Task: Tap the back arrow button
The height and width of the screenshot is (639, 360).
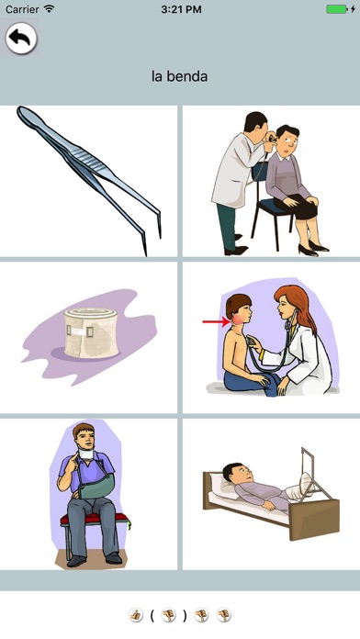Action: pyautogui.click(x=21, y=39)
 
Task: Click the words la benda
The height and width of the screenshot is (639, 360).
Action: pyautogui.click(x=179, y=76)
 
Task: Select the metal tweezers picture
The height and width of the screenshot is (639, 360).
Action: pyautogui.click(x=90, y=180)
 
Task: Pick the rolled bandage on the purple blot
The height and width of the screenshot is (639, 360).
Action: pyautogui.click(x=91, y=331)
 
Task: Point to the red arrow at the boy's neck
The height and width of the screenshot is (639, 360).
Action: pyautogui.click(x=217, y=322)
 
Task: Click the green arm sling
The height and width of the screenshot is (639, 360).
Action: pyautogui.click(x=96, y=485)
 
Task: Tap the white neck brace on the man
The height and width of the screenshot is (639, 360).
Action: pyautogui.click(x=85, y=454)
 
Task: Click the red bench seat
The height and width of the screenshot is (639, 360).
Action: pyautogui.click(x=95, y=519)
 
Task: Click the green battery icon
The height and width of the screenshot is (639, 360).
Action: pyautogui.click(x=336, y=9)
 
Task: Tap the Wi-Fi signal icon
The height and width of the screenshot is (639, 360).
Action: pyautogui.click(x=50, y=8)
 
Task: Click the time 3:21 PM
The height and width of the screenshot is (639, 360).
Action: pyautogui.click(x=181, y=9)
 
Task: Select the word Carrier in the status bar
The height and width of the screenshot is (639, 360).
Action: pyautogui.click(x=22, y=9)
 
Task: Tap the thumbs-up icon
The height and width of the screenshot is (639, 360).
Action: pyautogui.click(x=136, y=614)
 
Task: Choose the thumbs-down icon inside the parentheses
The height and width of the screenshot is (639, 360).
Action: pyautogui.click(x=168, y=614)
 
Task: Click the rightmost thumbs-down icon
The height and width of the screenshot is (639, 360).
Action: pyautogui.click(x=223, y=614)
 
